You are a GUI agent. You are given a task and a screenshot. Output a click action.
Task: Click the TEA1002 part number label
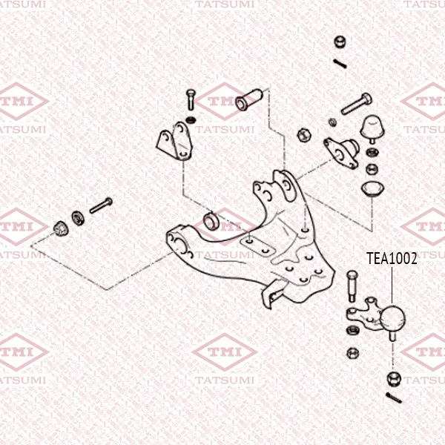(x=392, y=258)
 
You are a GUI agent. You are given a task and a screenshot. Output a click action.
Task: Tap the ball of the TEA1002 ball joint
(x=392, y=317)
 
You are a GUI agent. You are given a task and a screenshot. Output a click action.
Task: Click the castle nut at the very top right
(x=340, y=42)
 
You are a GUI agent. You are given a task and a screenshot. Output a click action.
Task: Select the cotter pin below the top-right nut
(x=340, y=64)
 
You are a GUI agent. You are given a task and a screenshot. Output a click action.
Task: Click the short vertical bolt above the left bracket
(x=191, y=99)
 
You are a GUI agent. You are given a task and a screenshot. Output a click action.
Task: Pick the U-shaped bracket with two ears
(x=174, y=141)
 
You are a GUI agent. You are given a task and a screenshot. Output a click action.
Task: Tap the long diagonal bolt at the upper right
(x=357, y=104)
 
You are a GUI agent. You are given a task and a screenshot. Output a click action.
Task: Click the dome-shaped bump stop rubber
(x=372, y=128)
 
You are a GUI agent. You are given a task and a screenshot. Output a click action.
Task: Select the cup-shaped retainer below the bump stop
(x=372, y=188)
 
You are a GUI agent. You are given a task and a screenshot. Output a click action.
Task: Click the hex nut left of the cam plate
(x=304, y=135)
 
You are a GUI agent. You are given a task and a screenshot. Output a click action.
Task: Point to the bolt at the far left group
(x=101, y=205)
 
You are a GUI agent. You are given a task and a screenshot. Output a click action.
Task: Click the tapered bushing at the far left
(x=61, y=228)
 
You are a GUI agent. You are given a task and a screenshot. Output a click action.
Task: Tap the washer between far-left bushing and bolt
(x=78, y=218)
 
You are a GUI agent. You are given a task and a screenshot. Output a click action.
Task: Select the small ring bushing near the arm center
(x=211, y=221)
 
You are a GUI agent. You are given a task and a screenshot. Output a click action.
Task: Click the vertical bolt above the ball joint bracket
(x=352, y=286)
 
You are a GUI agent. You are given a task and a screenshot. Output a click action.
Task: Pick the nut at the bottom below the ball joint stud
(x=395, y=378)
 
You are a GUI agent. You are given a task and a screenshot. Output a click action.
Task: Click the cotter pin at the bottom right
(x=394, y=398)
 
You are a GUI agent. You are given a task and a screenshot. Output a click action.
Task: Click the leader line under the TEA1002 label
(x=392, y=285)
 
